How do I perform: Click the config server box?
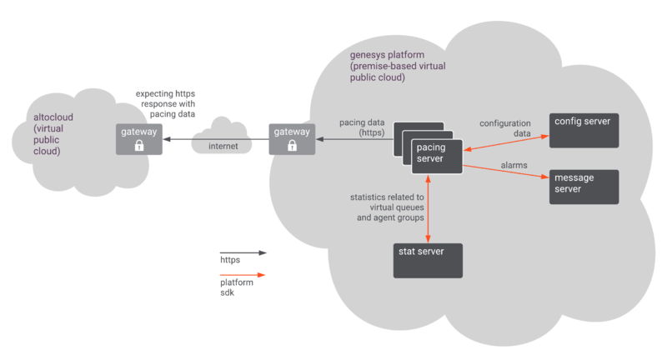[584, 130]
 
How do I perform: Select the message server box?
[584, 187]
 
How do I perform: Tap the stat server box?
[428, 261]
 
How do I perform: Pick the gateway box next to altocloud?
[138, 138]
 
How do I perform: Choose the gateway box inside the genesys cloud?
[291, 138]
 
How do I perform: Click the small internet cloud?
[223, 137]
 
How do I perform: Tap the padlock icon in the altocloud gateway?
[138, 145]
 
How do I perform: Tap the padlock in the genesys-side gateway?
[291, 145]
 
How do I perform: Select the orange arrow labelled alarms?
[504, 172]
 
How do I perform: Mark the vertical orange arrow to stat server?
[428, 208]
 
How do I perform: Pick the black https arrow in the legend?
[243, 251]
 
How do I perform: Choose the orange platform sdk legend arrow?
[243, 275]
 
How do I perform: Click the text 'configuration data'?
[504, 128]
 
